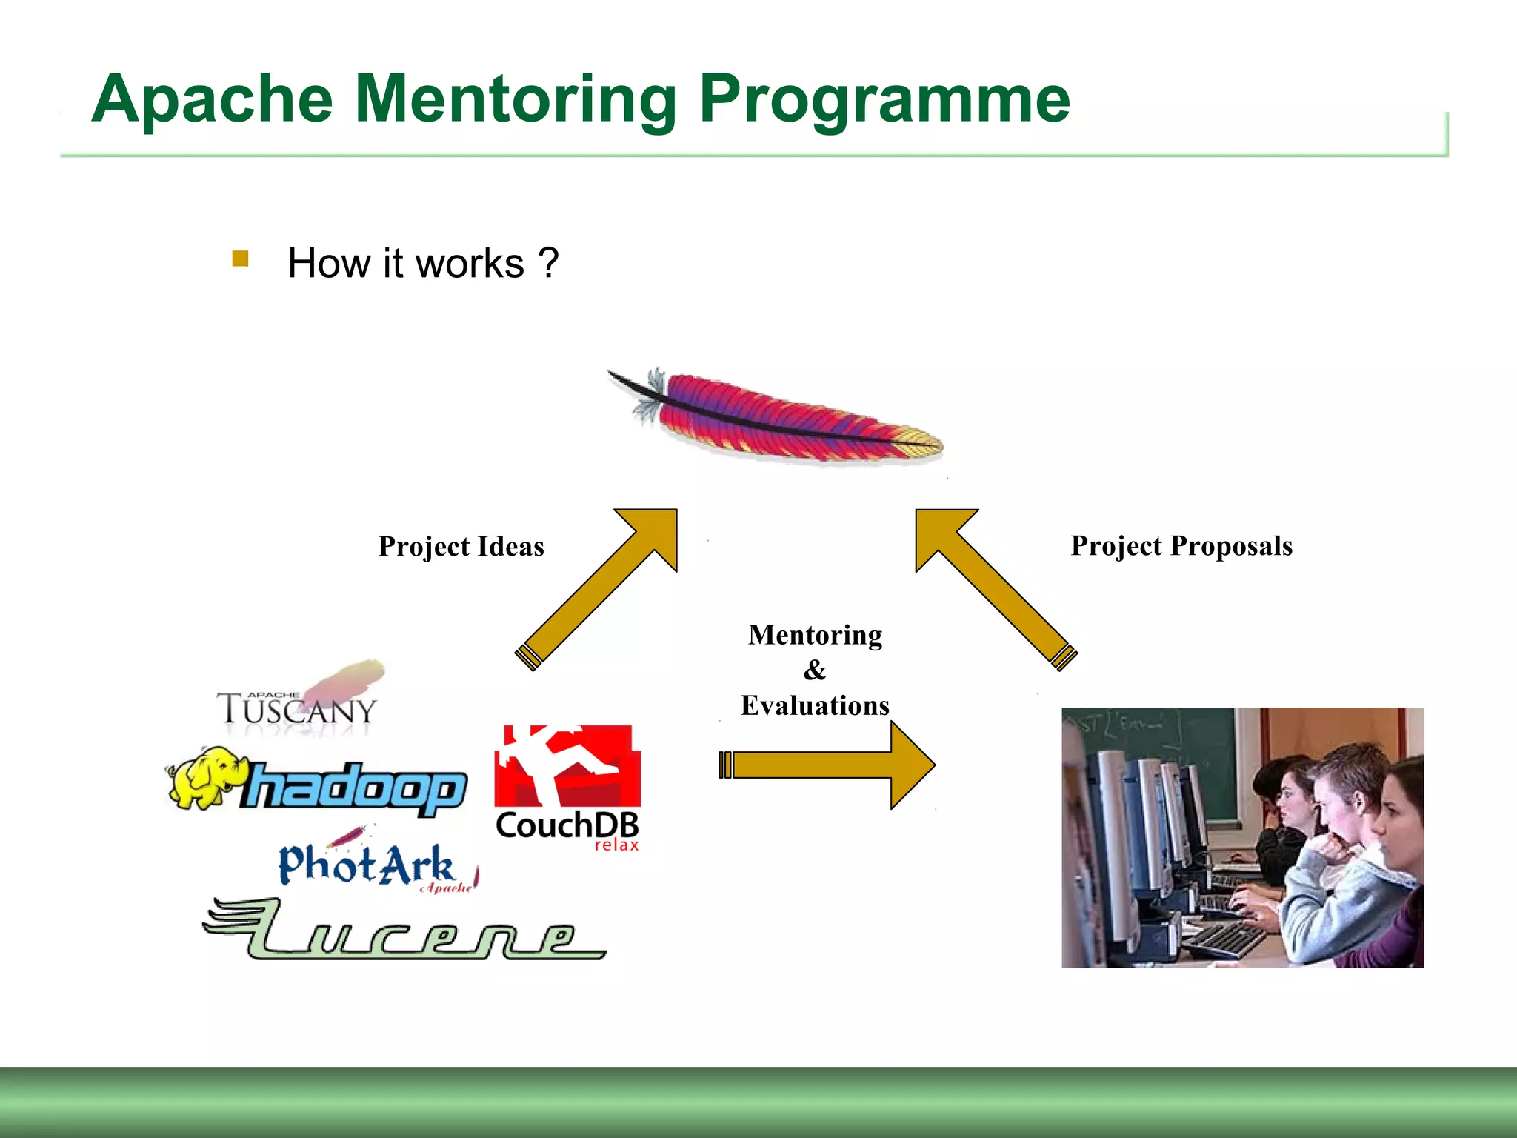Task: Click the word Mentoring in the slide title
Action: pos(516,100)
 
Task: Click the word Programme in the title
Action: pos(884,100)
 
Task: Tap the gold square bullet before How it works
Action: pos(240,259)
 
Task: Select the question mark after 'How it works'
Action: pos(548,264)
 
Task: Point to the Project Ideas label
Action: pos(461,547)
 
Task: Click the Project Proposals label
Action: pos(1181,546)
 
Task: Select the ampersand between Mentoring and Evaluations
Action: pos(815,671)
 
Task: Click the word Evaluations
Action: pos(815,705)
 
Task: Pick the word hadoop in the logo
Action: pos(356,787)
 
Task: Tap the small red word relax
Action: pos(616,845)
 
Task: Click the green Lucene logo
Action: pos(404,931)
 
